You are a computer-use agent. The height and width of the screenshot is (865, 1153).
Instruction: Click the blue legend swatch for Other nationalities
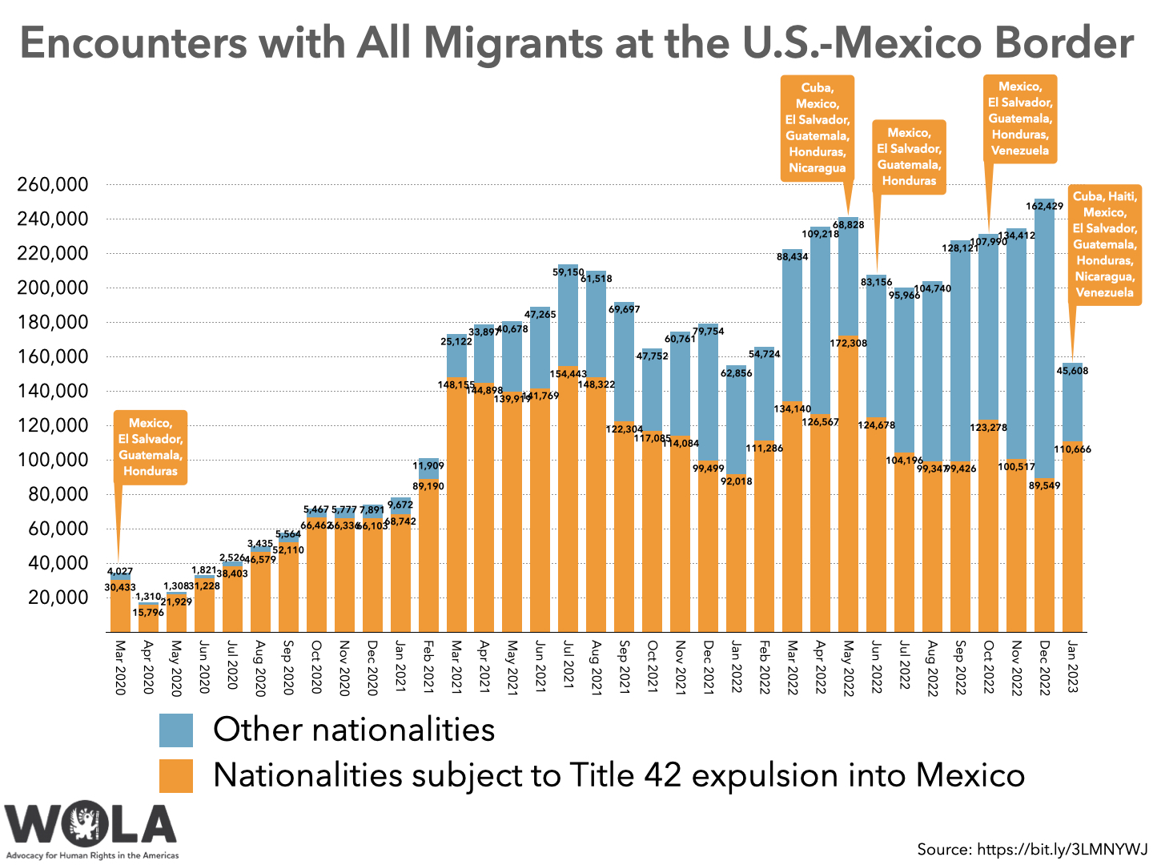tap(176, 730)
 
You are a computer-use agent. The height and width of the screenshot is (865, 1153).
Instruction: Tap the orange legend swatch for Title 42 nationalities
tap(176, 776)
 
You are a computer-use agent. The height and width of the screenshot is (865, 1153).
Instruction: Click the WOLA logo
tap(90, 825)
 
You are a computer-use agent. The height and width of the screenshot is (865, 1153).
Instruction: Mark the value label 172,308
tap(848, 343)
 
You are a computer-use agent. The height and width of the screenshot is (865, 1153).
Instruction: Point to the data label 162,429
tap(1044, 206)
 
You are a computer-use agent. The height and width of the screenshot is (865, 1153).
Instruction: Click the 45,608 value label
tap(1072, 371)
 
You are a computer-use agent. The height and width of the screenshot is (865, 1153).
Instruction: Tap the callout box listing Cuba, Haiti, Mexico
tap(1104, 244)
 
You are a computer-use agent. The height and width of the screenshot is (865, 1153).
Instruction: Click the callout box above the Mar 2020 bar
tap(151, 447)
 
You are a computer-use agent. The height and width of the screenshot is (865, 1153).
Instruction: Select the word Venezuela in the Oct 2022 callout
tap(1019, 151)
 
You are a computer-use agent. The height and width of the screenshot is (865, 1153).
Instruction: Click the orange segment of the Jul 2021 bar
tap(568, 497)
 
